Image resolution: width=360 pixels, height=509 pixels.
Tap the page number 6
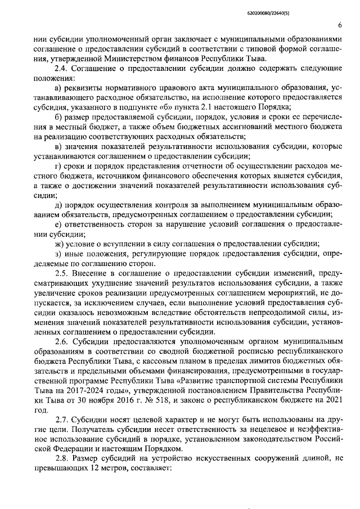coord(340,25)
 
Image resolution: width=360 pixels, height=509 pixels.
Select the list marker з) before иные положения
coord(58,254)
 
